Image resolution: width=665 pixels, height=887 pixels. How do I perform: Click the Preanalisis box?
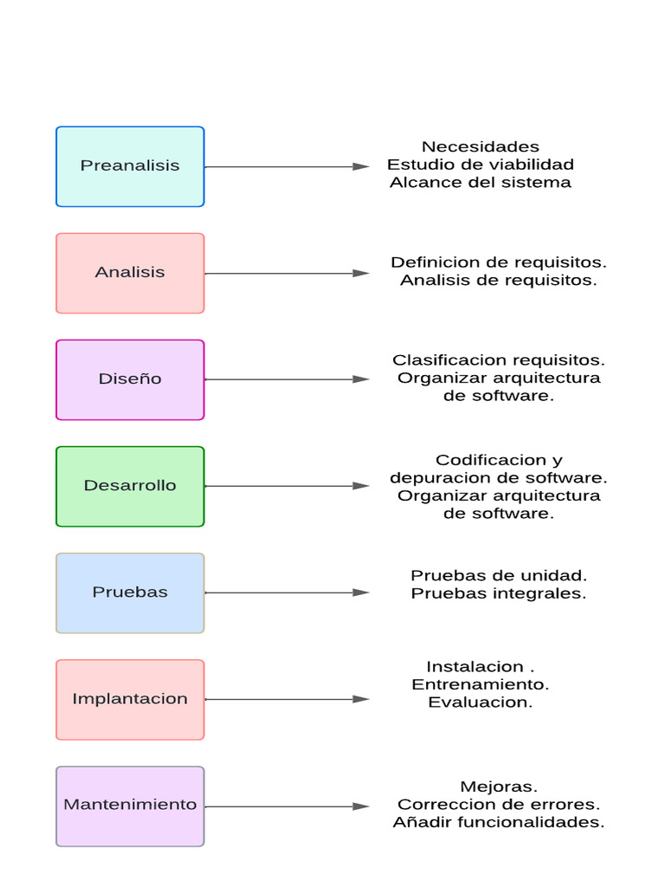[130, 166]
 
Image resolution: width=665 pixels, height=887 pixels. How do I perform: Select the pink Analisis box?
[130, 273]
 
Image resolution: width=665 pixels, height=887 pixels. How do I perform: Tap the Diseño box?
[130, 379]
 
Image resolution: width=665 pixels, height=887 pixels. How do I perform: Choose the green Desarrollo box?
[130, 486]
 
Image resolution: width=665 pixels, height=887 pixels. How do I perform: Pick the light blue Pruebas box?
[130, 592]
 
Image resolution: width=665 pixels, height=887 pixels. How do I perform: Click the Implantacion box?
[130, 699]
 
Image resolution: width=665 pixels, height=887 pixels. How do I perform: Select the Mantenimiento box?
[130, 806]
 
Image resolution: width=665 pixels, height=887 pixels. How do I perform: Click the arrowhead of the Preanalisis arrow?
[361, 166]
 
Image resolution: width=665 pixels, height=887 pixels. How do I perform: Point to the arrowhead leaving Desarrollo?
[361, 486]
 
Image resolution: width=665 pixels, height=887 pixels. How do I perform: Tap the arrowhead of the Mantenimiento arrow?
[361, 806]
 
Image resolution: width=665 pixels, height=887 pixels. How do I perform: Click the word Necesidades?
[480, 146]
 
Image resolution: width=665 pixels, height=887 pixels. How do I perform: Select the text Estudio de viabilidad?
[480, 165]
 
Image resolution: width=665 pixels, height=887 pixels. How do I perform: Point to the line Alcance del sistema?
[480, 183]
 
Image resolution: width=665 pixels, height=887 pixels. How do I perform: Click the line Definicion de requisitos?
[498, 262]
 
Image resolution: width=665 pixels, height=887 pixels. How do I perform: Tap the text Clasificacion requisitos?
[498, 360]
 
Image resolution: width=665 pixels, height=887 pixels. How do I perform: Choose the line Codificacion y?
[498, 460]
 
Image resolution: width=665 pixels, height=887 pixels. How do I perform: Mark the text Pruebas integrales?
[498, 594]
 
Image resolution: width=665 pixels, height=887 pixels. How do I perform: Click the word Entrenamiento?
[480, 684]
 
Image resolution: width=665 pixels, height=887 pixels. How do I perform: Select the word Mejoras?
[498, 787]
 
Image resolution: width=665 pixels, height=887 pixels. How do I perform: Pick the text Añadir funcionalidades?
[498, 823]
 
